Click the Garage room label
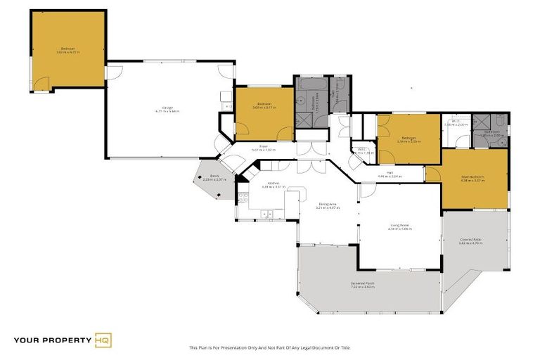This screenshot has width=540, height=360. pos(167,109)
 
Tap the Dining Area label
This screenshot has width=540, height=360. pos(328,205)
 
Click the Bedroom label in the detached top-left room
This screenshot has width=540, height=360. pos(67,49)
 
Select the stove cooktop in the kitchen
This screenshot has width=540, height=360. pos(243,197)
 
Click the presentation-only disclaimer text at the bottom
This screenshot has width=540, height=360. pos(270,347)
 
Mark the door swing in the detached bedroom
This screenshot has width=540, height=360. pos(43,85)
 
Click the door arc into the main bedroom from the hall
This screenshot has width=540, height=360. pos(433,171)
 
